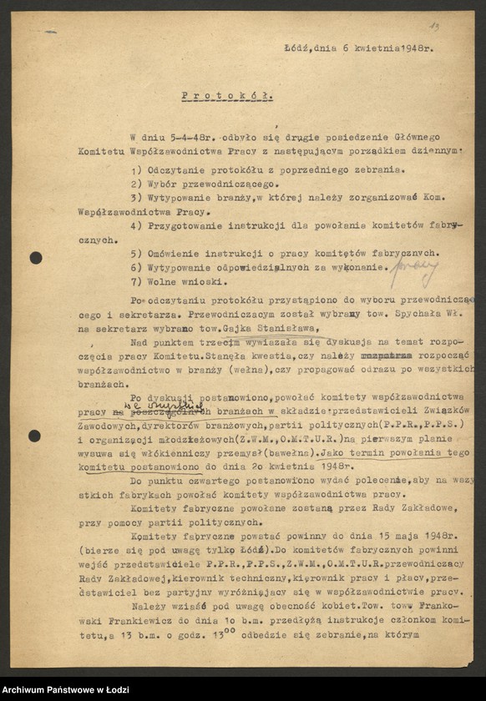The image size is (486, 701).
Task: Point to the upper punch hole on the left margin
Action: point(36,258)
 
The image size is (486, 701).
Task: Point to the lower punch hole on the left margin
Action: point(35,436)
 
